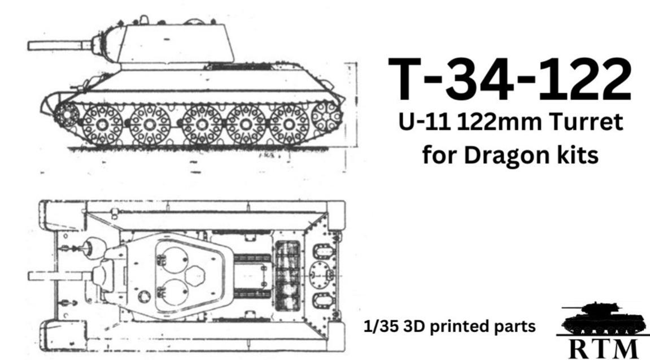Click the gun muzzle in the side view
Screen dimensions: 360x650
[x=33, y=45]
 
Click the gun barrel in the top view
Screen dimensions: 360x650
[x=56, y=276]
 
